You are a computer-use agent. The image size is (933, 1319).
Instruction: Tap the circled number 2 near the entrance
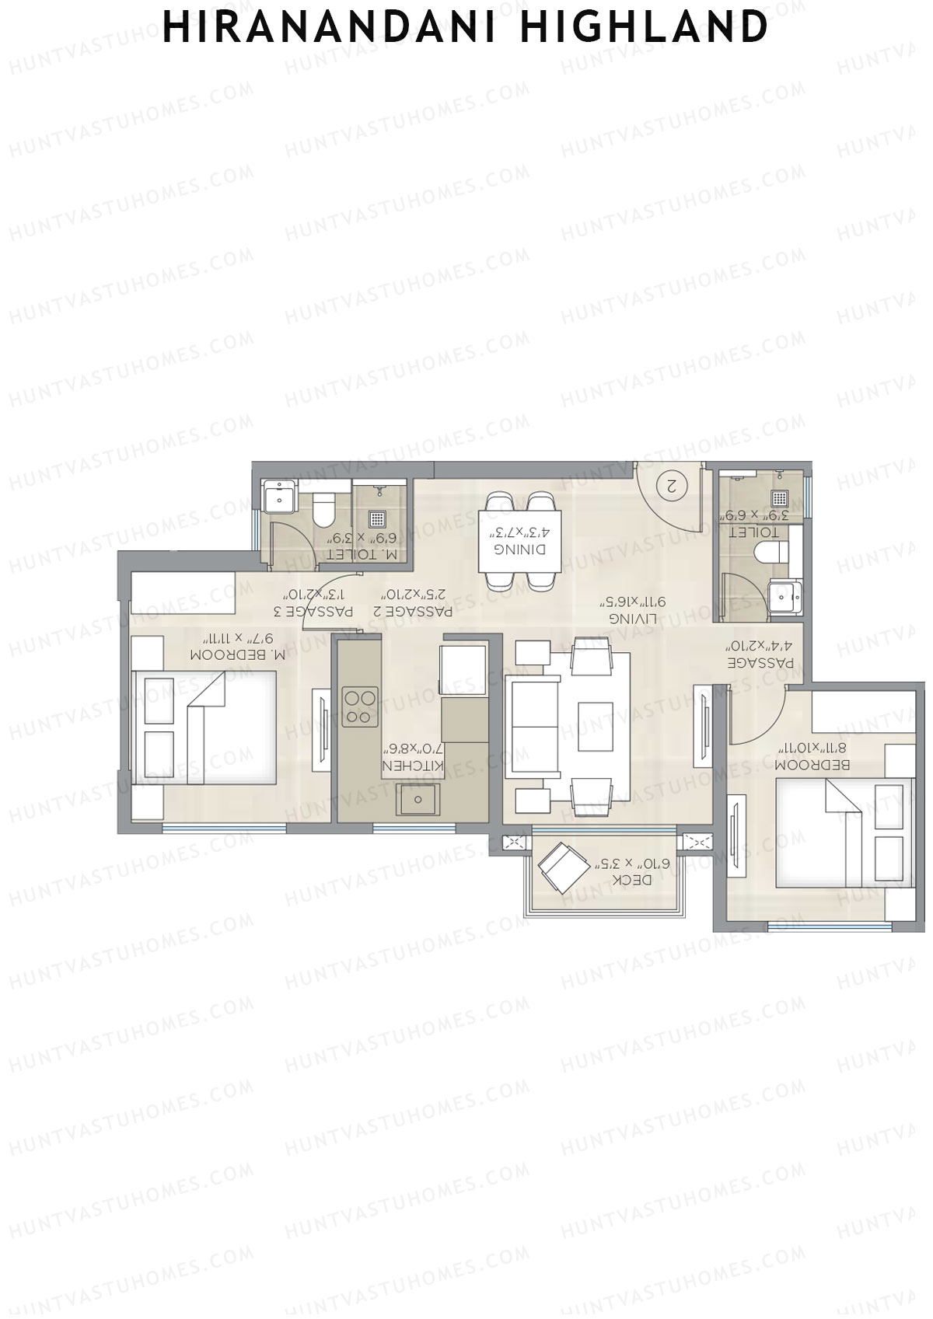coord(673,485)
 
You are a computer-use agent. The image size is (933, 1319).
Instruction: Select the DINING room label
coord(520,550)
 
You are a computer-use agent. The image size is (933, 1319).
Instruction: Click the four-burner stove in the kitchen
coord(360,707)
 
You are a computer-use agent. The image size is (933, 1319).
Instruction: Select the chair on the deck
coord(564,867)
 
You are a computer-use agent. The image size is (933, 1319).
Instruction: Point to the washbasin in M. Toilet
coord(278,497)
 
